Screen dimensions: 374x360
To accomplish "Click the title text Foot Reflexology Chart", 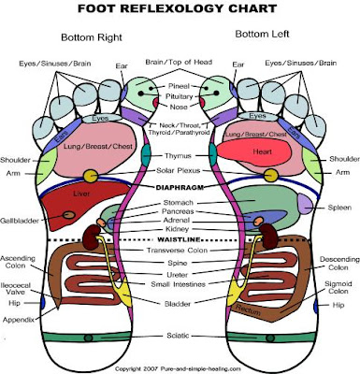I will coord(180,11).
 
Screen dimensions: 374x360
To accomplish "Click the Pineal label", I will coord(179,83).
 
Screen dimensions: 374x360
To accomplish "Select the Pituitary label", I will coord(180,95).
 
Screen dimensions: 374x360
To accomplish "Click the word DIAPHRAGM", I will coord(180,187).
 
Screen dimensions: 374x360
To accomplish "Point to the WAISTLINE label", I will coord(180,239).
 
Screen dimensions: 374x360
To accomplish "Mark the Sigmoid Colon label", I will coord(338,285).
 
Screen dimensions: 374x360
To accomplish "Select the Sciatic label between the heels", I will coord(180,332).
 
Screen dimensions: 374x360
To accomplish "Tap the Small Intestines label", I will coord(180,284).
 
